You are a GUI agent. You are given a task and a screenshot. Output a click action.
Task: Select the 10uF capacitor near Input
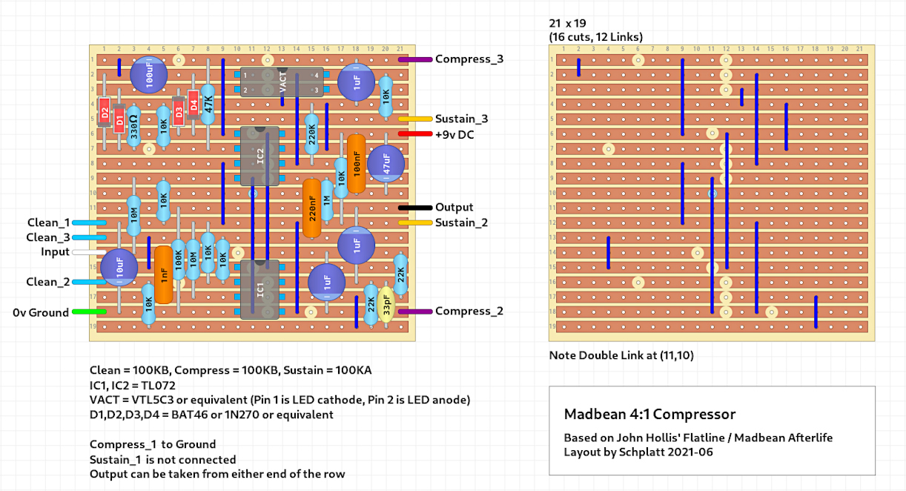coord(119,267)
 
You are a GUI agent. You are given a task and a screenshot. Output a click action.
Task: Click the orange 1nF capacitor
coord(163,274)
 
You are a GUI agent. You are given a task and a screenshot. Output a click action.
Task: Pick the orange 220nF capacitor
coord(312,208)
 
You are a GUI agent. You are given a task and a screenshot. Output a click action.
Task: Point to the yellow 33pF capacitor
coord(386,304)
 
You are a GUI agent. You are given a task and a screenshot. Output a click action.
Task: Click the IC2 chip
coord(259,156)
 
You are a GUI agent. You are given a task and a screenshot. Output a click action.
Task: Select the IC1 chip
coord(259,289)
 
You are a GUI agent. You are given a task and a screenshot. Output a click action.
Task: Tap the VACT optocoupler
coord(282,82)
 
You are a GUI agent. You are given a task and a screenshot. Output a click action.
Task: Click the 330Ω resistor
coord(133,126)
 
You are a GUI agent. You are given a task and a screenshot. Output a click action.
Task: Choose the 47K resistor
coord(208,104)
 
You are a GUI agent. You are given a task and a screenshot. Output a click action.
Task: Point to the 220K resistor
coord(311,134)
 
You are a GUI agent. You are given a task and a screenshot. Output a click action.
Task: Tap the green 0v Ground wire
coord(90,312)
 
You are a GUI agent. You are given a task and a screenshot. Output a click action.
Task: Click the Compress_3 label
coord(469,59)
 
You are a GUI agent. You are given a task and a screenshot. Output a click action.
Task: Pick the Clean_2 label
coord(48,282)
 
